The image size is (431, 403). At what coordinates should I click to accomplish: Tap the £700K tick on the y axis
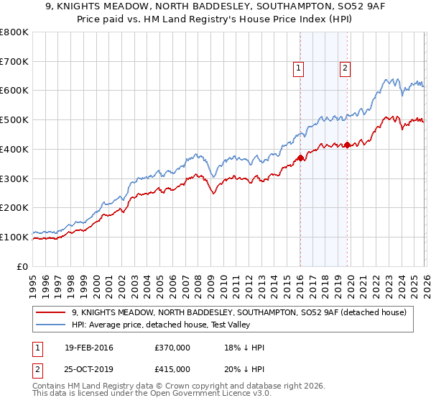tap(14, 62)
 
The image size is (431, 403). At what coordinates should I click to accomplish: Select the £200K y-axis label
tap(14, 208)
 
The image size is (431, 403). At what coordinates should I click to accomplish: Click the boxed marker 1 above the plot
tap(298, 68)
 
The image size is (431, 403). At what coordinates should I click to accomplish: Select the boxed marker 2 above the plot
tap(345, 68)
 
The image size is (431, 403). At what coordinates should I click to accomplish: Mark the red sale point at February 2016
tap(300, 158)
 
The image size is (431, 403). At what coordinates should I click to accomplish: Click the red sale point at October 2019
tap(347, 145)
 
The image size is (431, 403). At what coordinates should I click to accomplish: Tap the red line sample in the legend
tap(51, 312)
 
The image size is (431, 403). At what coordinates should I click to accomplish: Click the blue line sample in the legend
tap(51, 325)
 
